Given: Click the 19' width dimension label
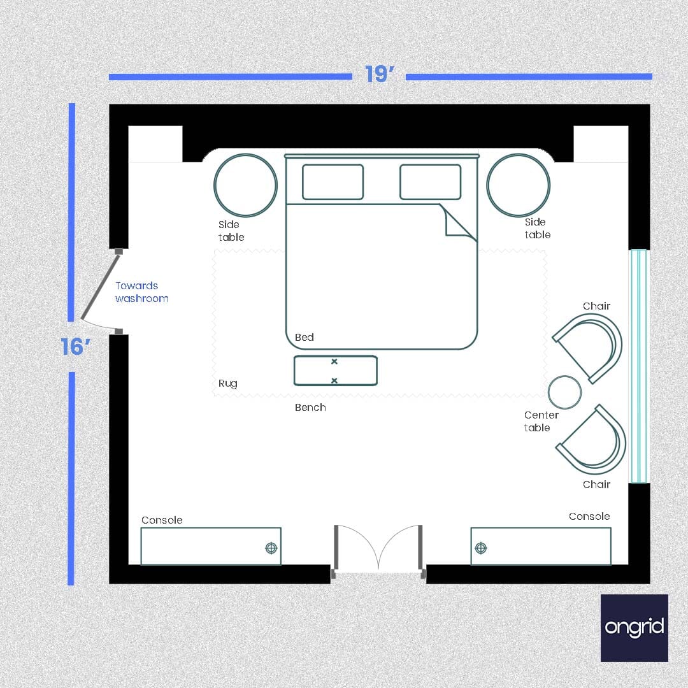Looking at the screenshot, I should [x=380, y=75].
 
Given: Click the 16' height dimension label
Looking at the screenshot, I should [x=76, y=347].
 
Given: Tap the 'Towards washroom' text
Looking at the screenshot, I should [x=141, y=292].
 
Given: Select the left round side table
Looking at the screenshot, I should [x=245, y=185].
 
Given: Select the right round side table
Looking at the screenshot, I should [x=518, y=185].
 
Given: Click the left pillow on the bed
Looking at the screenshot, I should [x=333, y=182].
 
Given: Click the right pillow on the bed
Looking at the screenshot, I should [x=430, y=182].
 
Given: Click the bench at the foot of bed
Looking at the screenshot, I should [x=335, y=371].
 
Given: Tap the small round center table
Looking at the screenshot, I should [x=564, y=392].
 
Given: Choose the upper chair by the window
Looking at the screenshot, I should [x=589, y=348].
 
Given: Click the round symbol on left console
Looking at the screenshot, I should [x=271, y=548].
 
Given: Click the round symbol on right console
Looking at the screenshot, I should [x=481, y=548].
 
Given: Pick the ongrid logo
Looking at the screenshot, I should [x=634, y=627].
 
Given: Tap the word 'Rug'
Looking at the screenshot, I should [x=227, y=383].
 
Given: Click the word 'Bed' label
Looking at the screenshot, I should [x=304, y=338].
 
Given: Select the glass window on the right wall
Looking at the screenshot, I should [x=638, y=366].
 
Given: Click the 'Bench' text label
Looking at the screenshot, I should [x=310, y=408].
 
